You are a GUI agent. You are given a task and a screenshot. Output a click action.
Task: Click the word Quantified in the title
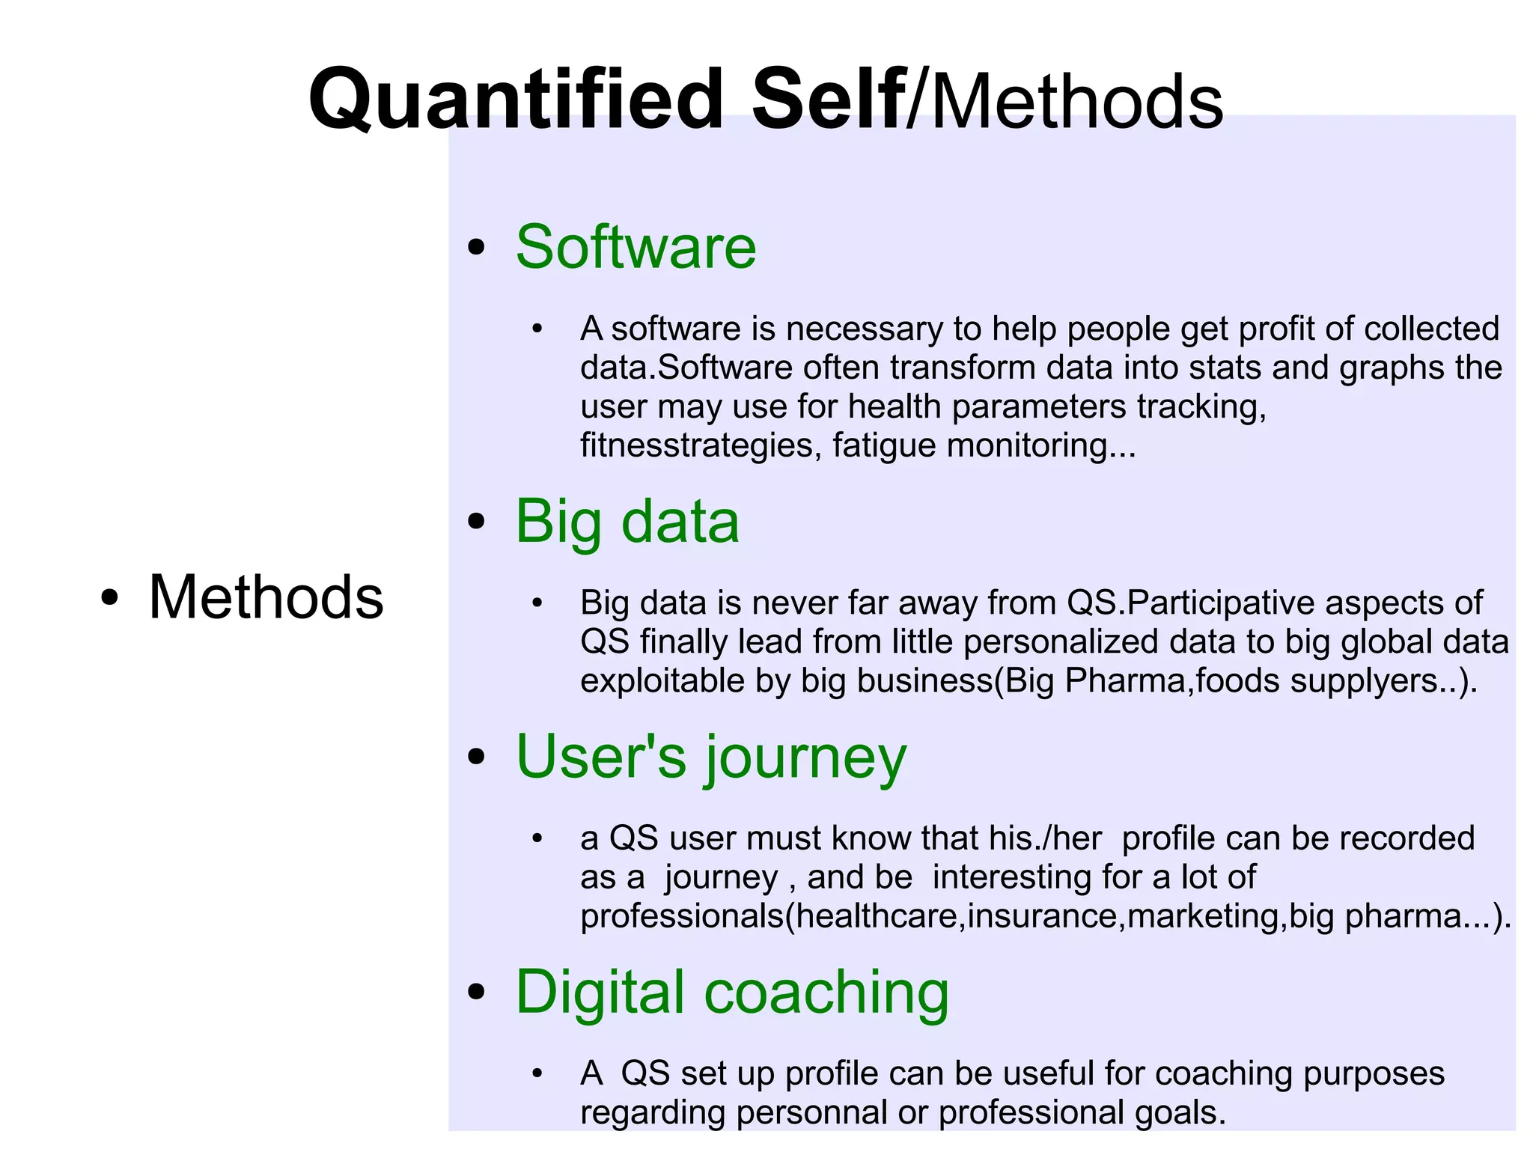(516, 99)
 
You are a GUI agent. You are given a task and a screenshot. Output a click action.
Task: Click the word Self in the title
(828, 99)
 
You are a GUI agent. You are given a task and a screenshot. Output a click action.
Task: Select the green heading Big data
(627, 522)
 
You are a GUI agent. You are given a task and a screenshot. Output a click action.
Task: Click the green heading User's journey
(711, 758)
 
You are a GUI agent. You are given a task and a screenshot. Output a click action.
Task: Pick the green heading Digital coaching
(732, 993)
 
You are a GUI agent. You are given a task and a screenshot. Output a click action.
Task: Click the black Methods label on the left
(266, 597)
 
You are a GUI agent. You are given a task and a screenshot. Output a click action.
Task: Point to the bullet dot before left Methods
(110, 599)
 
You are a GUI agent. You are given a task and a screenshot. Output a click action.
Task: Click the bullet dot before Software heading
(476, 249)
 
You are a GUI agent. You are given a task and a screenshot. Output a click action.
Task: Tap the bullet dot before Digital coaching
(476, 993)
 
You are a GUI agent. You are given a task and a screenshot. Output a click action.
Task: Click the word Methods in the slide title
(1076, 102)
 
